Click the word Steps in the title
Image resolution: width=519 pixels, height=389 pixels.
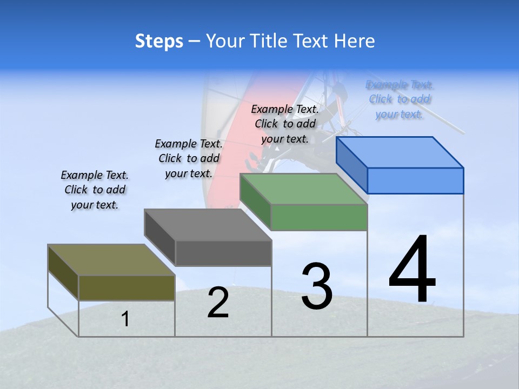click(159, 41)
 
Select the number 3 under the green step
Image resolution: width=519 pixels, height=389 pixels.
click(317, 286)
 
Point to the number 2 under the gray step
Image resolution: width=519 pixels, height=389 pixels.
click(218, 303)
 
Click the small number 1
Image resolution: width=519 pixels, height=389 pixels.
click(125, 319)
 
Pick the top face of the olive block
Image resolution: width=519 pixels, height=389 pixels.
click(111, 260)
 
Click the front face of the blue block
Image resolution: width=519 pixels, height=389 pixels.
click(415, 180)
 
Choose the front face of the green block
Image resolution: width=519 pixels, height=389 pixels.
click(319, 217)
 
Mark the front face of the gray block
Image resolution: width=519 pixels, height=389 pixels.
click(223, 253)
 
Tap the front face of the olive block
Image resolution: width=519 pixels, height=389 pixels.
click(127, 287)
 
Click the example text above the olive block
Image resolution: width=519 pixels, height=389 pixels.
click(95, 190)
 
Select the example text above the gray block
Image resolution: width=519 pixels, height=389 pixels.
click(189, 158)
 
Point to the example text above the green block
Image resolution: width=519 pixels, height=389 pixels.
click(285, 124)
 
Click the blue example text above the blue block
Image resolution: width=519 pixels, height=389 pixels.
click(400, 99)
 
